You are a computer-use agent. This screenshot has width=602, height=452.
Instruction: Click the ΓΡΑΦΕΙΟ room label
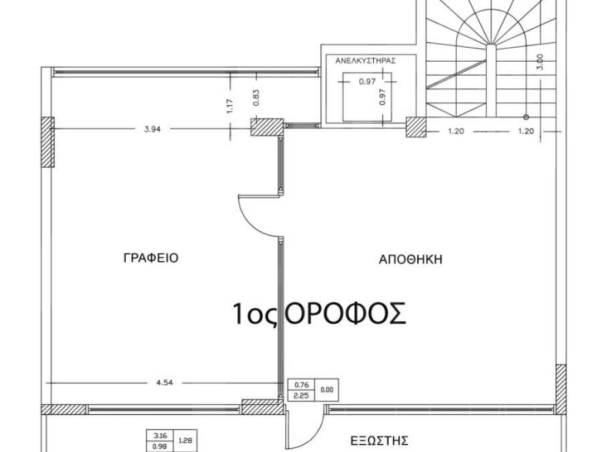click(151, 258)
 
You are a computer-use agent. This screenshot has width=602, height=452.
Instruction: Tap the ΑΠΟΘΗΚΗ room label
click(410, 260)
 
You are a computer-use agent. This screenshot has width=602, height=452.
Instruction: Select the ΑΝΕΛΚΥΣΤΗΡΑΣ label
click(366, 61)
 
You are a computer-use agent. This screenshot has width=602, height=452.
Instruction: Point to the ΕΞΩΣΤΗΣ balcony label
click(379, 440)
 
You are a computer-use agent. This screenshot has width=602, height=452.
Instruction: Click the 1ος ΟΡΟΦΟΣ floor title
click(319, 313)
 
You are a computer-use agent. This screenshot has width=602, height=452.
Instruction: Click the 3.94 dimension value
click(152, 129)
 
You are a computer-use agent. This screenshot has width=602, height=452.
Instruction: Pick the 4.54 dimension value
click(165, 383)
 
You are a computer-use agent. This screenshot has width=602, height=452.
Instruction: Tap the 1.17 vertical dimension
click(230, 106)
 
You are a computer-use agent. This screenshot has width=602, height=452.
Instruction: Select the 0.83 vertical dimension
click(256, 97)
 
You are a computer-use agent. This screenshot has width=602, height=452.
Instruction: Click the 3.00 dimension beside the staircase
click(540, 61)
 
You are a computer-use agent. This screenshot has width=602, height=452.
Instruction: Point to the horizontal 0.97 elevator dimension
click(367, 81)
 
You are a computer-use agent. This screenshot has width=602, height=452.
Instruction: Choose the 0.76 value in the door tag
click(302, 384)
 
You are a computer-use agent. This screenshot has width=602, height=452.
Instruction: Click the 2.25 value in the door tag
click(302, 395)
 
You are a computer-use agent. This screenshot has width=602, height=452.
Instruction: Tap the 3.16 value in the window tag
click(160, 436)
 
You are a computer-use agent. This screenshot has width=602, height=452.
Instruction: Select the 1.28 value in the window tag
click(185, 440)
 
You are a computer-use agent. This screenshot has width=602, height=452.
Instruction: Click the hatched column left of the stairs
click(416, 127)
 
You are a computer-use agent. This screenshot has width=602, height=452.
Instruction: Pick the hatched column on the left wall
click(48, 142)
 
